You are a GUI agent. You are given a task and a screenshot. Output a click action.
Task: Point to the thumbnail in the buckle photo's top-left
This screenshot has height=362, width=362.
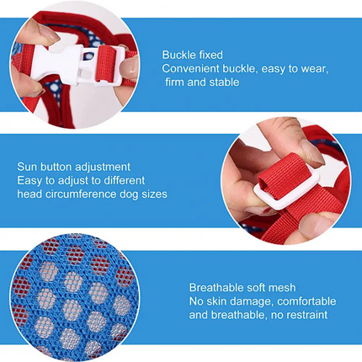[48, 34]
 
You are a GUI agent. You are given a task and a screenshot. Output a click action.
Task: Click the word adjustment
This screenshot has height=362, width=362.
[103, 168]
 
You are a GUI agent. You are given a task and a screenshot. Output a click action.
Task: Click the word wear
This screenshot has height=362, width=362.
[314, 69]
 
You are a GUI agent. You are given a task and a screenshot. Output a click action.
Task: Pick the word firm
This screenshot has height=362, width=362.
[174, 82]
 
